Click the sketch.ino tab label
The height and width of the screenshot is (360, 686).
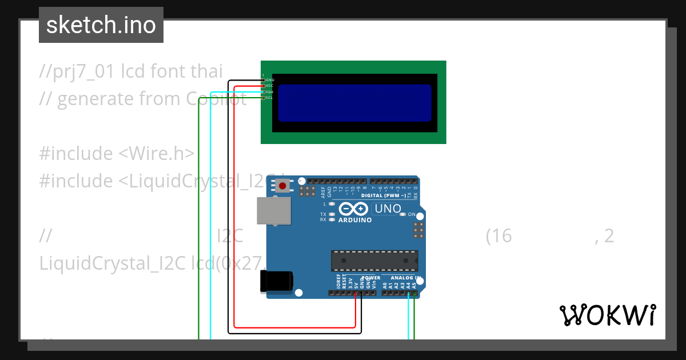pos(101,25)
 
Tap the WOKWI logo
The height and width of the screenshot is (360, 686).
pos(607,315)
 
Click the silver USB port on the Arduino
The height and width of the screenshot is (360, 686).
pos(274,210)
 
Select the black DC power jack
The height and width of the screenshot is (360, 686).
pos(277,281)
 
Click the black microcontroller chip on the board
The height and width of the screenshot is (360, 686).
pos(374,261)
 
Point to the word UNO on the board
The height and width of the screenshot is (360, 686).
pos(388,209)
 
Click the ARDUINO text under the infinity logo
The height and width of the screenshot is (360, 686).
pos(355,220)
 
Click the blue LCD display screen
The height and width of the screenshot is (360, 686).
pos(354,103)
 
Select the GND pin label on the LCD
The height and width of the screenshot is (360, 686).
pos(270,80)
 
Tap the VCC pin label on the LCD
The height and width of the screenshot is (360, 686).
pos(270,86)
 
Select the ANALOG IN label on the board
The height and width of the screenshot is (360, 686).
pos(406,278)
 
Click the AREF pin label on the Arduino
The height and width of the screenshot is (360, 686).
pos(323,190)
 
